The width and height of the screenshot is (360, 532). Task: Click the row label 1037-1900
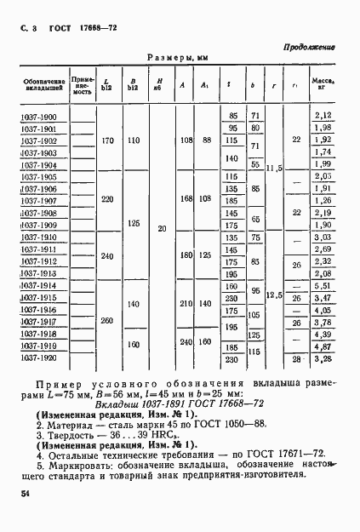[x=40, y=116]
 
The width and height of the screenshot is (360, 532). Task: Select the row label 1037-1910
[x=40, y=237]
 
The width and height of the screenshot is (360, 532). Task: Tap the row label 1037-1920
[x=40, y=358]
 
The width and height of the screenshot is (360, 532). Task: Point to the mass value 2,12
[x=321, y=116]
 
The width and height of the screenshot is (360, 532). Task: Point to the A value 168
[x=183, y=200]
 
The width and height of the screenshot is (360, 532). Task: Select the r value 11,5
[x=273, y=169]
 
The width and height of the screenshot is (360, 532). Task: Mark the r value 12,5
[x=273, y=295]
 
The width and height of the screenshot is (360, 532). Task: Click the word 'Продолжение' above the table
[x=309, y=48]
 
